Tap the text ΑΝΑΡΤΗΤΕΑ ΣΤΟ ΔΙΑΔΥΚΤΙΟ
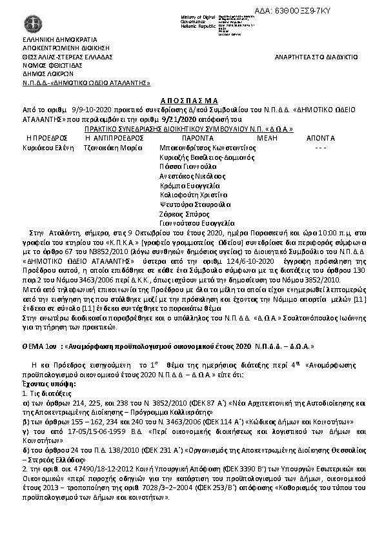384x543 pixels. pos(316,57)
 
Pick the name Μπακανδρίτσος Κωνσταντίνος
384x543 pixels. pos(207,148)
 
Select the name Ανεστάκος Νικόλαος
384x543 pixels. pos(192,175)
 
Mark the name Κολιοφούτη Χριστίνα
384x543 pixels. pos(194,194)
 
